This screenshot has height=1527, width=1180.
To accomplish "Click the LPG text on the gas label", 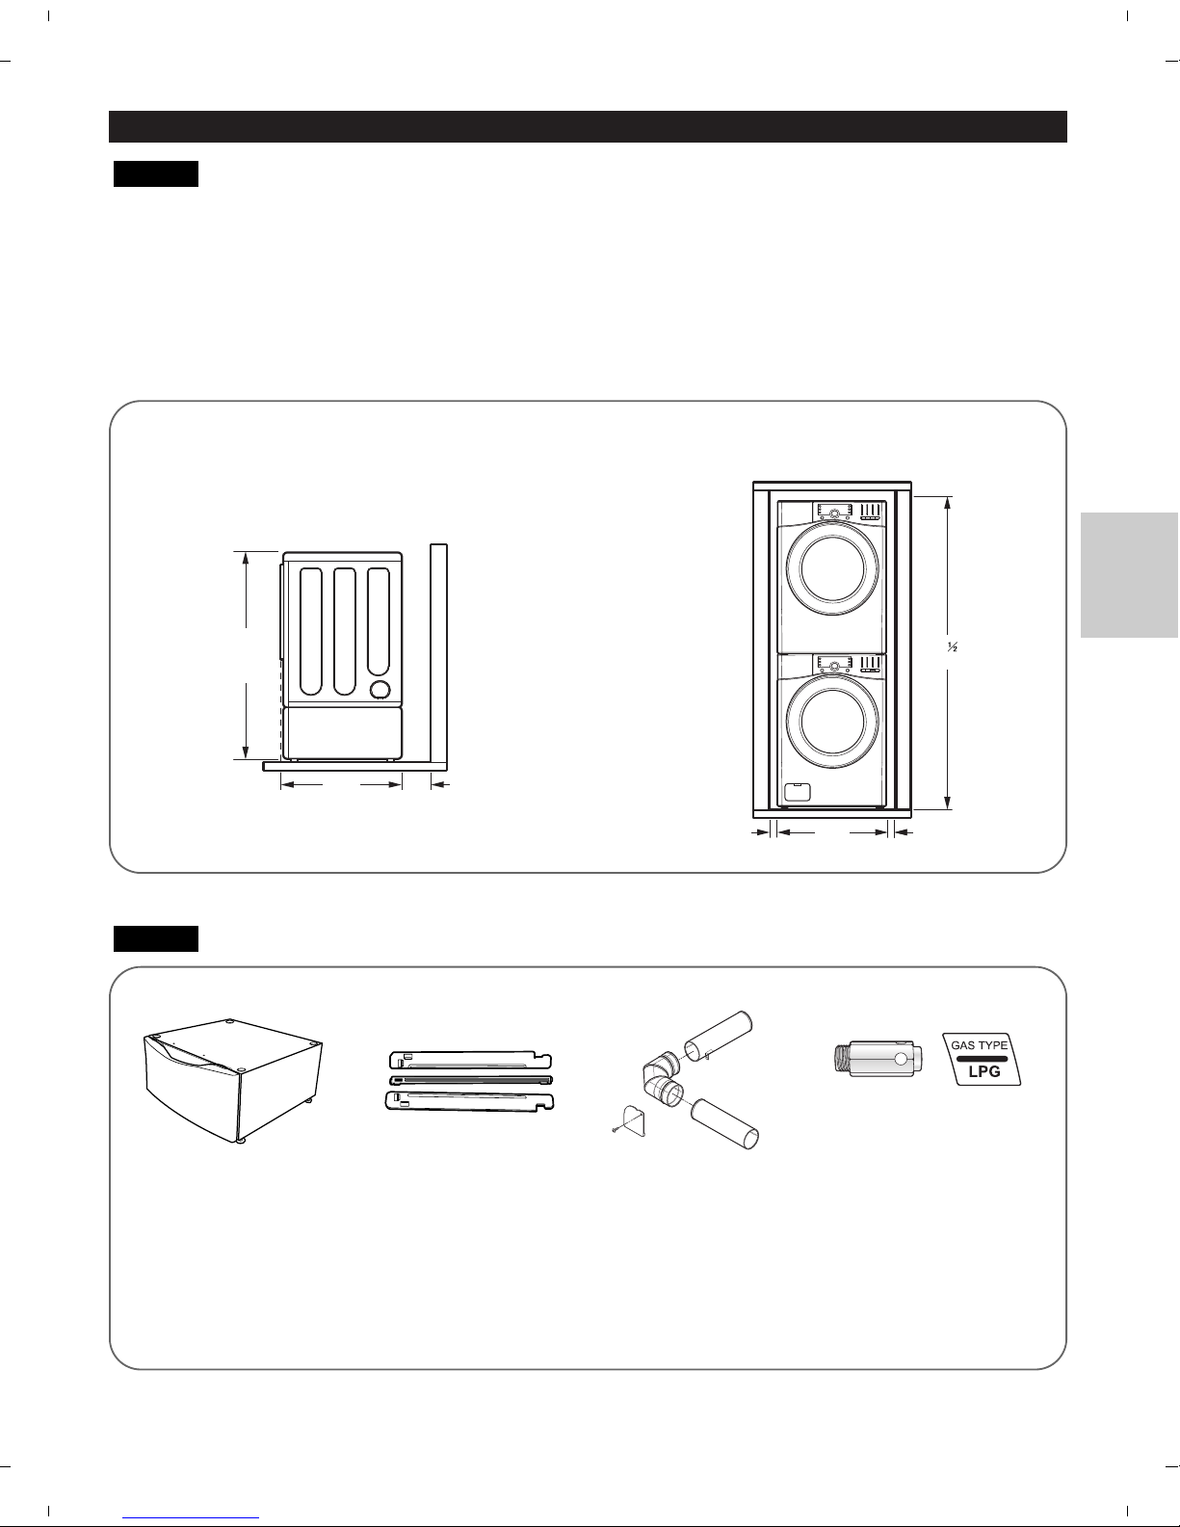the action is point(983,1071).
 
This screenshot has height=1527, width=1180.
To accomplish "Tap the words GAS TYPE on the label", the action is point(979,1045).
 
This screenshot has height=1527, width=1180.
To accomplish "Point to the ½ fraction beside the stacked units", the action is point(953,647).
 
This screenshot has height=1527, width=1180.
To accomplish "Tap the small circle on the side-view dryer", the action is point(380,690).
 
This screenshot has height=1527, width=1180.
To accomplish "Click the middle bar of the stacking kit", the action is point(471,1080).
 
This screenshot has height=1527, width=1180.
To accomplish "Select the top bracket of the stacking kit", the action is point(471,1061).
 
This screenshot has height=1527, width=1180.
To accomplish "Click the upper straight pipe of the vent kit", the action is point(718,1037).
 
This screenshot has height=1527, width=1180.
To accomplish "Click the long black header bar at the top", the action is point(588,126).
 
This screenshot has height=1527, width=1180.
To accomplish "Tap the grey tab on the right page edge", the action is point(1130,575).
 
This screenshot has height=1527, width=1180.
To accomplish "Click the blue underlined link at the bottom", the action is point(191,1518).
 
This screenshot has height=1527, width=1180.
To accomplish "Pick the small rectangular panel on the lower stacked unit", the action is point(796,792).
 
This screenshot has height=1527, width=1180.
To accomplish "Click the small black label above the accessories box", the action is point(156,938).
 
